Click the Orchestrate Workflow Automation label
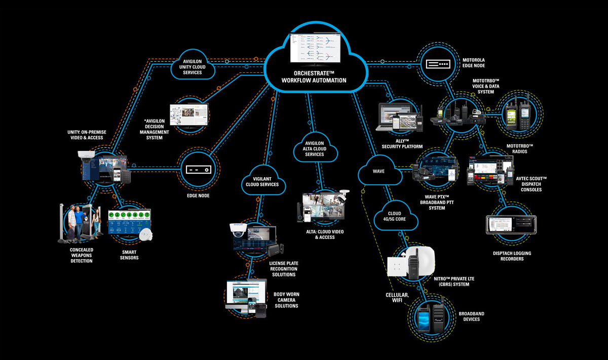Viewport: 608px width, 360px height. pos(314,76)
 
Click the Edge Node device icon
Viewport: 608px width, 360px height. pos(198,169)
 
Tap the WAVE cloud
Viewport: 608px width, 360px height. pos(378,172)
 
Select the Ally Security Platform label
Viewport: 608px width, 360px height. pos(402,143)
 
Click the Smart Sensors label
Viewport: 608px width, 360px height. pos(130,254)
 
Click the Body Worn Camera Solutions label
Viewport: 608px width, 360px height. pos(286,300)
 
